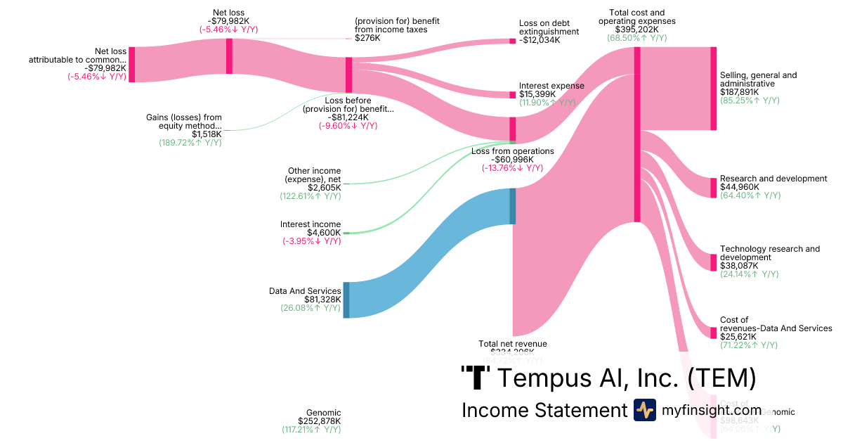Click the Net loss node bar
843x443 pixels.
229,56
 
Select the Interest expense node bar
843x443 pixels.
512,94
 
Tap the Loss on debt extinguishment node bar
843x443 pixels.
512,41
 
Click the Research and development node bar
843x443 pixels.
713,188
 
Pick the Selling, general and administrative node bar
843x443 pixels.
713,89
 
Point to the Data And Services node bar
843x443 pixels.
346,300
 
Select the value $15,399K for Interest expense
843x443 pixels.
537,94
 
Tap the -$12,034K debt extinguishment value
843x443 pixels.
540,40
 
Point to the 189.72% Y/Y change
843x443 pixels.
190,142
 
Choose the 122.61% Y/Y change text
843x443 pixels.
310,195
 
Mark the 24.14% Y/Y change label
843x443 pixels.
750,274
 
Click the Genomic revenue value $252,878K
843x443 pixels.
319,421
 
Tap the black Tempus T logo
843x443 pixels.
476,378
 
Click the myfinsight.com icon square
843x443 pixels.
645,410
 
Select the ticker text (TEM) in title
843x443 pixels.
721,378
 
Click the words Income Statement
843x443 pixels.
544,410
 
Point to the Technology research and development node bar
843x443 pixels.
713,262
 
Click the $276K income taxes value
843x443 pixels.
368,38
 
